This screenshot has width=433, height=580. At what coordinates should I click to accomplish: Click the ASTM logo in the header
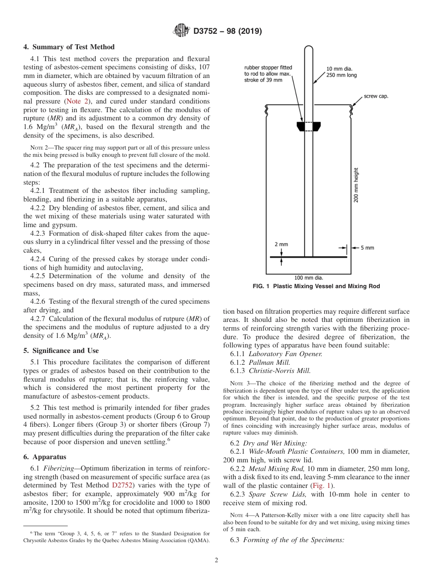point(182,31)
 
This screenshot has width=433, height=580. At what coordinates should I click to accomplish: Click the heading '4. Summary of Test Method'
point(69,47)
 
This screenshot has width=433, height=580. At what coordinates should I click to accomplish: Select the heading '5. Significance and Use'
point(61,351)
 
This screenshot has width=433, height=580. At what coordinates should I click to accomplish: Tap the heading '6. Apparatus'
point(45,457)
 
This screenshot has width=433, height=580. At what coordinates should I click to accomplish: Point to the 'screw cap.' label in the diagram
point(376,97)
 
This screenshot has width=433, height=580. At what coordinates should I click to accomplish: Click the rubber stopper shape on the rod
point(308,126)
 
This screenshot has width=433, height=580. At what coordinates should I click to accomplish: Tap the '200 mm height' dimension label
point(356,185)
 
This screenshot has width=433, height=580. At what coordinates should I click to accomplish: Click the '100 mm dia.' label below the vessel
point(308,277)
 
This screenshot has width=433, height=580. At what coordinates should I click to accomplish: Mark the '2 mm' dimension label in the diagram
point(281,244)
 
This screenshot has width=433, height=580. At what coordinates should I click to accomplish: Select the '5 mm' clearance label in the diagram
point(367,248)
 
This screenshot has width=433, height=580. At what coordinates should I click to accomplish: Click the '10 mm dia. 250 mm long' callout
point(341,72)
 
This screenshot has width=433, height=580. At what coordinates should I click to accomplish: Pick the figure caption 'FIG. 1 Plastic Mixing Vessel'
point(316,286)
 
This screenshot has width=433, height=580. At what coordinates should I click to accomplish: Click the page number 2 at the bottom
point(216,560)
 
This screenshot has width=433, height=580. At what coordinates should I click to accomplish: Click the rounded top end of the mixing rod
point(308,49)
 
